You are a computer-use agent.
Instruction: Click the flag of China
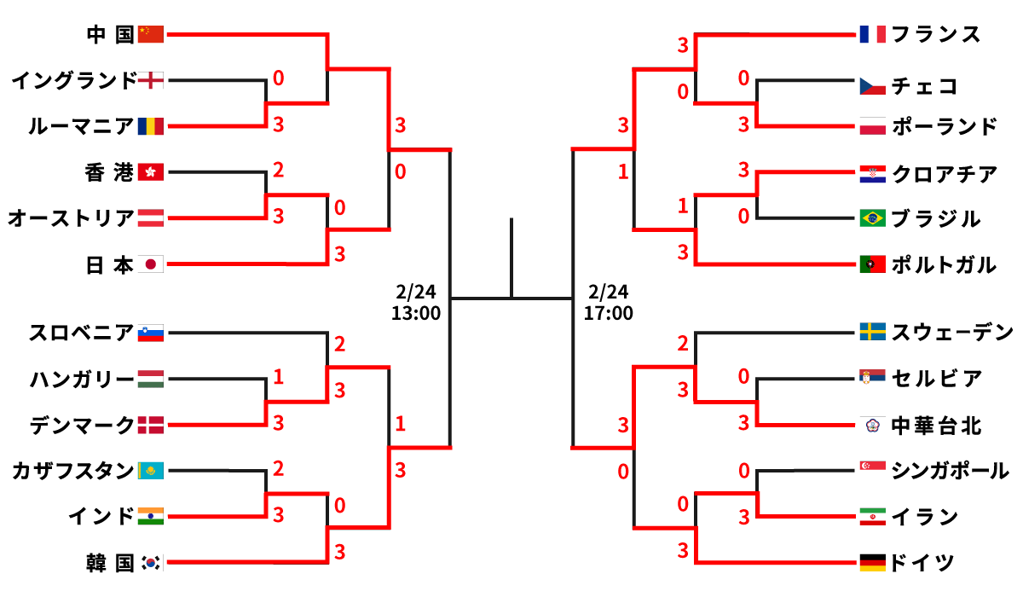click(x=150, y=34)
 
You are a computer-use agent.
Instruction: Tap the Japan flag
click(x=150, y=264)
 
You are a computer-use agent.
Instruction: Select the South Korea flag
click(x=150, y=562)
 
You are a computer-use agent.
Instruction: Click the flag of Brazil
click(x=873, y=218)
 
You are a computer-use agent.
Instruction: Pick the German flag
click(x=873, y=562)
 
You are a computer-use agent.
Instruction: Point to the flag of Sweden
click(x=873, y=331)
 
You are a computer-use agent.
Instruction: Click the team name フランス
click(x=935, y=34)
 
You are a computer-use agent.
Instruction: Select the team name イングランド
click(x=74, y=81)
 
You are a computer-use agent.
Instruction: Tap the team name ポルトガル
click(x=943, y=264)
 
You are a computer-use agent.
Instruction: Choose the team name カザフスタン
click(x=74, y=470)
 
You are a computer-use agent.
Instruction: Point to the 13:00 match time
click(x=416, y=313)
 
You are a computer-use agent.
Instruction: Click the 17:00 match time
click(x=609, y=313)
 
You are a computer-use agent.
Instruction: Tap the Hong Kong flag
click(x=150, y=172)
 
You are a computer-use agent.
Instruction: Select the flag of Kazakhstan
click(x=150, y=470)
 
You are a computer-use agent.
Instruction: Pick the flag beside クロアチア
click(x=873, y=174)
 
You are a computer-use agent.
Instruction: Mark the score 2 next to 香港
click(x=278, y=170)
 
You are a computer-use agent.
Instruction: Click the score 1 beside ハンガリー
click(x=278, y=376)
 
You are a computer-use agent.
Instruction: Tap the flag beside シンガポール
click(x=873, y=470)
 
